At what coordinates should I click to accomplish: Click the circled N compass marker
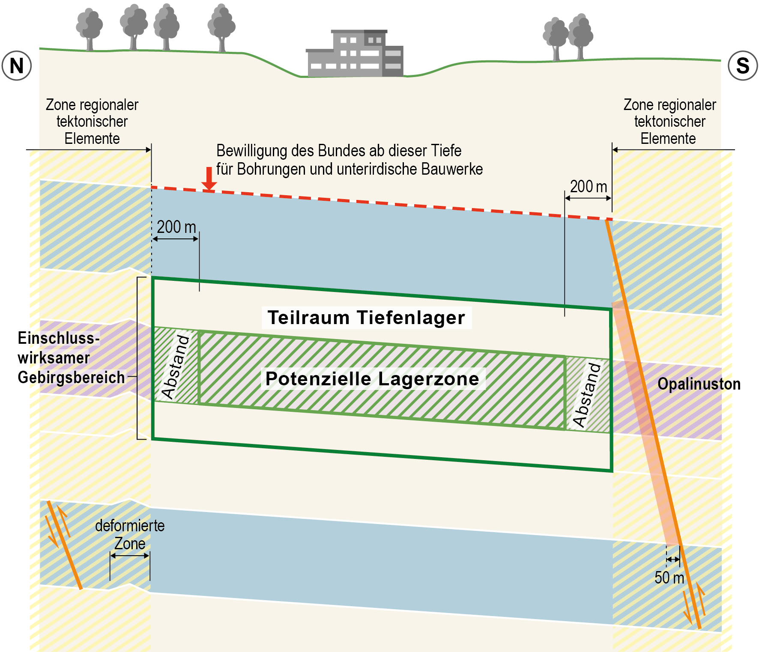coord(17,66)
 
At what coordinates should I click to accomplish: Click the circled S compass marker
coord(743,66)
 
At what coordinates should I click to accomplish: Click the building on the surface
coord(355,55)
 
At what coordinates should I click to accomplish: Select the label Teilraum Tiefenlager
coord(366,318)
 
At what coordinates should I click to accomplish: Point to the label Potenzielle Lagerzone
coord(372,379)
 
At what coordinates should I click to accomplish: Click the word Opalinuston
coord(699,384)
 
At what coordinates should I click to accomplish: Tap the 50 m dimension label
coord(669,578)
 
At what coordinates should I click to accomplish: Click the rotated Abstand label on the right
coord(587,395)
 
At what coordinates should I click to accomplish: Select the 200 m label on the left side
coord(176,227)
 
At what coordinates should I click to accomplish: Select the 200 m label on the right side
coord(589,187)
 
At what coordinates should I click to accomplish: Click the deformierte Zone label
coord(130,534)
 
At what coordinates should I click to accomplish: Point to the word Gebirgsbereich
coord(71,378)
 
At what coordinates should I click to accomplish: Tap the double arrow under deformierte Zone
coord(130,556)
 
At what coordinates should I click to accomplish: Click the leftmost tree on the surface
coord(89,28)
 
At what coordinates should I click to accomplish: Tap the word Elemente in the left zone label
coord(92,139)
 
